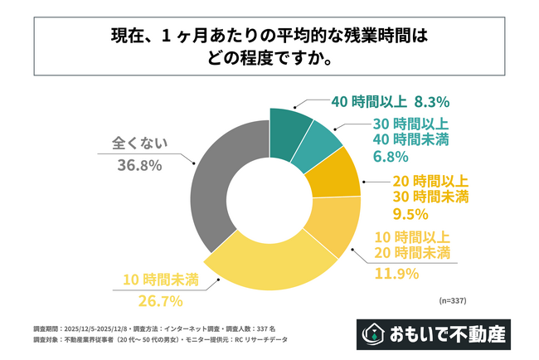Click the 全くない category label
140,142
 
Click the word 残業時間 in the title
358,37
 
